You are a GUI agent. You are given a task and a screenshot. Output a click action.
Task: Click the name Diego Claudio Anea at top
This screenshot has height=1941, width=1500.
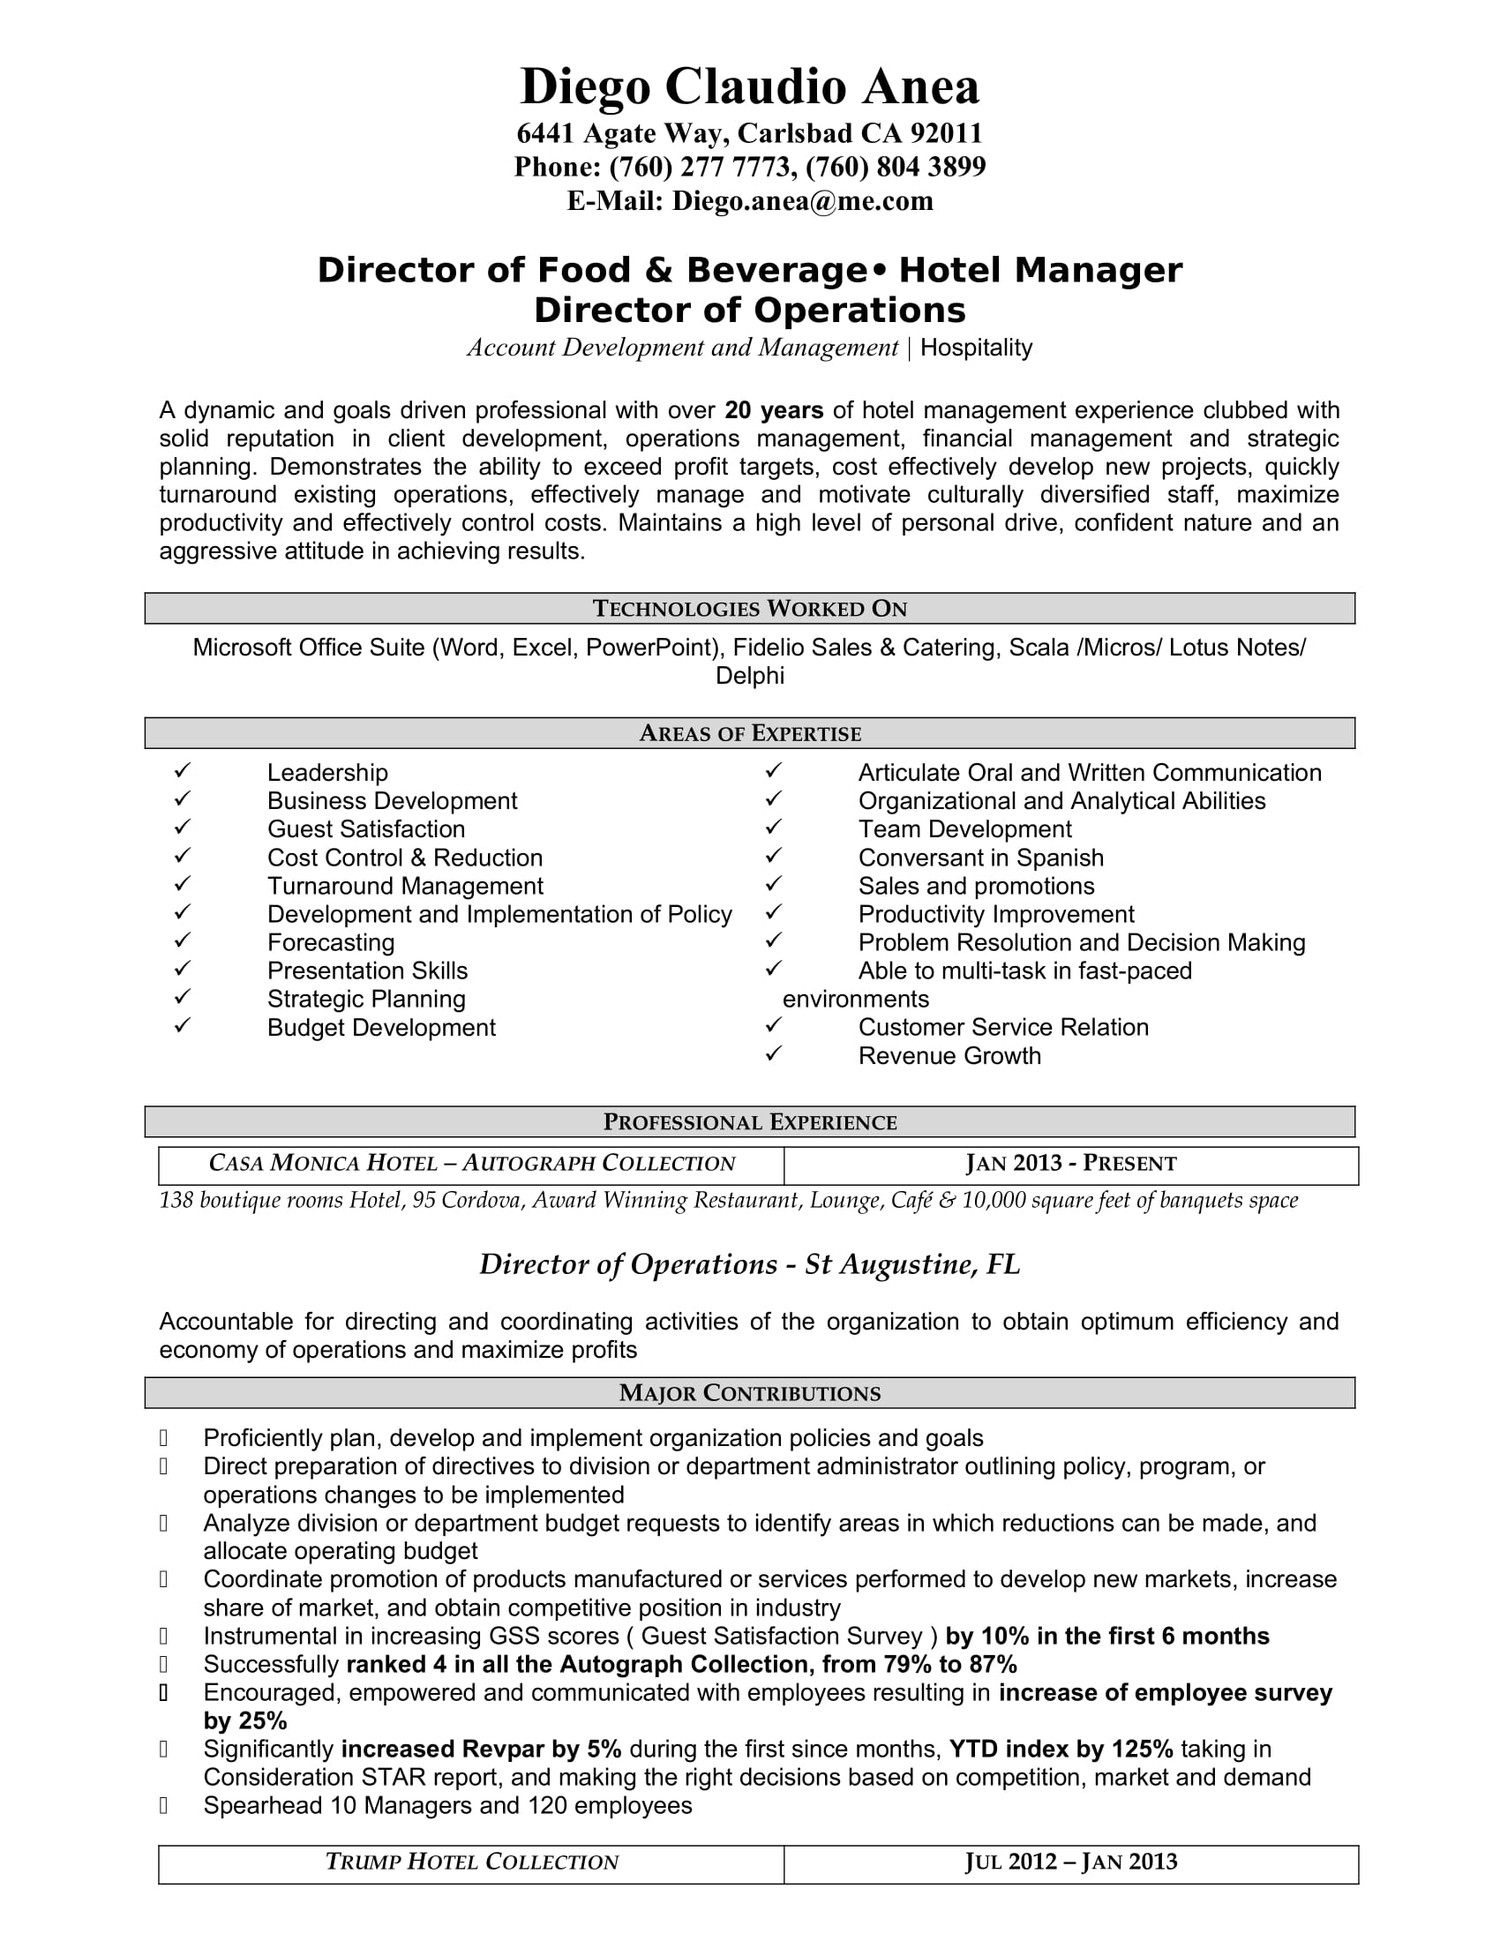point(749,87)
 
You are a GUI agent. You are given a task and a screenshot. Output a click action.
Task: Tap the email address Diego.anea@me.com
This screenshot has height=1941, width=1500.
point(802,202)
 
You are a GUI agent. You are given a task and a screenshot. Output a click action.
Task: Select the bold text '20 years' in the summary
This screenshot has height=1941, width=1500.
point(773,410)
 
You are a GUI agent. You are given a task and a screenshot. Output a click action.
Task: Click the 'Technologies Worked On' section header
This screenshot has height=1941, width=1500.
point(749,609)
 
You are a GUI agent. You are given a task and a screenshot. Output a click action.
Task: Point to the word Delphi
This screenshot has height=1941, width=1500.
point(749,677)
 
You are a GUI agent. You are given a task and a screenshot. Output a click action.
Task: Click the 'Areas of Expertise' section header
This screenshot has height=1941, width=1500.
point(749,733)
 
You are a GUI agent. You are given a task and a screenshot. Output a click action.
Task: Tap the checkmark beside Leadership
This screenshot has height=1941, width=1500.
point(183,770)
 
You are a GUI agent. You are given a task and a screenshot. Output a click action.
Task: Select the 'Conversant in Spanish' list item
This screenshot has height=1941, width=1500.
point(980,858)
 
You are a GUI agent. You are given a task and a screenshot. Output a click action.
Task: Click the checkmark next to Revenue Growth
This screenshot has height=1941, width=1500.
point(773,1054)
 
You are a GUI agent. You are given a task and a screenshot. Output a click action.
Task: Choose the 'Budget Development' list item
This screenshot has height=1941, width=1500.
point(381,1027)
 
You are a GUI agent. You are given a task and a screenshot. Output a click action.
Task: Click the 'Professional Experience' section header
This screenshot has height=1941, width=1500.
point(749,1121)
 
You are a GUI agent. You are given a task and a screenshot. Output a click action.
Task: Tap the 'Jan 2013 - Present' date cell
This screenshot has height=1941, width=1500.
point(1070,1165)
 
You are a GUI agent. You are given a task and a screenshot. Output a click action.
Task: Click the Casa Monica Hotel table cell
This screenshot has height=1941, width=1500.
point(471,1165)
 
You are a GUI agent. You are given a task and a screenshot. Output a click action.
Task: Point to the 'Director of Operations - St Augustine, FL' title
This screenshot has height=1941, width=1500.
point(749,1264)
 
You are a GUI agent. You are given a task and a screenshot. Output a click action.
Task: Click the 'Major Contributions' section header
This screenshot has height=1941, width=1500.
point(749,1392)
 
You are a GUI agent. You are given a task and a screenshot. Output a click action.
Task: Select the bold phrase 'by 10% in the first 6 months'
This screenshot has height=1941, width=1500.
point(1107,1636)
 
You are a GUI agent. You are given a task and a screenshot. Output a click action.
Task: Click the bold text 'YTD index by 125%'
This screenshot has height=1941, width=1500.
point(1061,1749)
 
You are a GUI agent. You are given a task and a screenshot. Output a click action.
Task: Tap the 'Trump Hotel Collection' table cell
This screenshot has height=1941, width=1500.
point(471,1862)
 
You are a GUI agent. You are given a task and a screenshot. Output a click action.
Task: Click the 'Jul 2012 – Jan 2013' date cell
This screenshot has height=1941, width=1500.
point(1070,1862)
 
